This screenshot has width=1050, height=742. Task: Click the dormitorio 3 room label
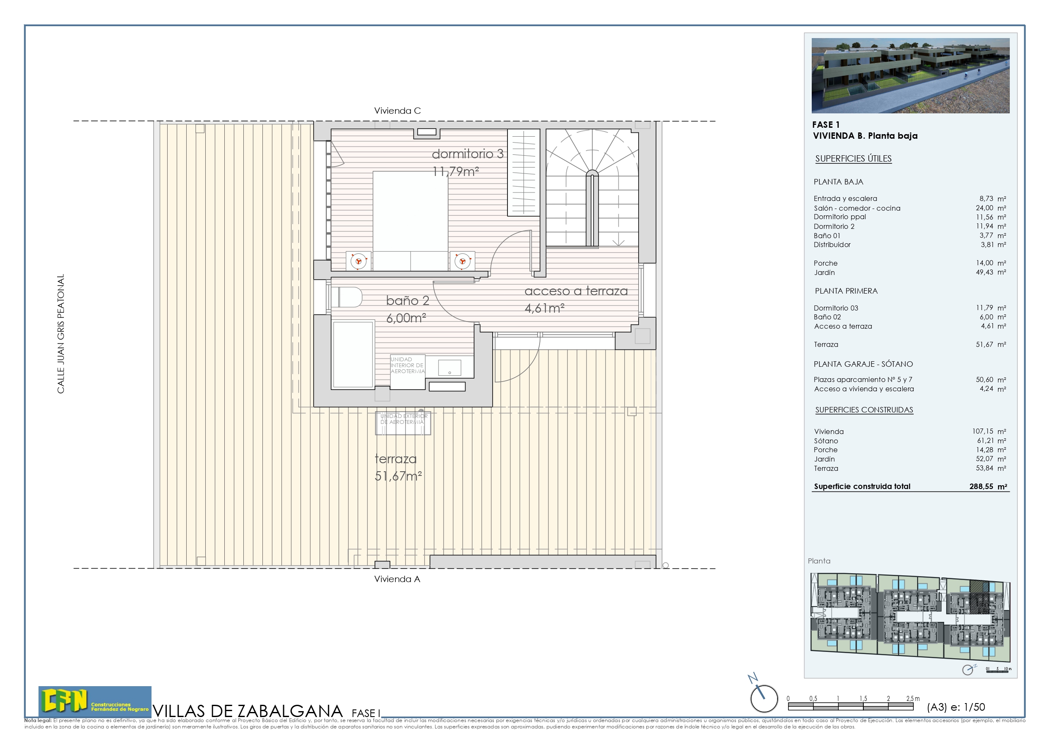pyautogui.click(x=467, y=154)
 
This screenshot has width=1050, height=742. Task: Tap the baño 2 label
pyautogui.click(x=408, y=301)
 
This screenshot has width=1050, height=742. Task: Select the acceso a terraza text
pyautogui.click(x=576, y=291)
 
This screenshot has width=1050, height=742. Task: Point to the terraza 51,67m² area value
pyautogui.click(x=398, y=476)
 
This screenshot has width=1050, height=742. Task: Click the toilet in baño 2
pyautogui.click(x=347, y=297)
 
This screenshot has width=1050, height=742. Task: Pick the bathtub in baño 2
pyautogui.click(x=353, y=355)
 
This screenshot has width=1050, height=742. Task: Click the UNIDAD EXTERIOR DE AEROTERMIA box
pyautogui.click(x=403, y=423)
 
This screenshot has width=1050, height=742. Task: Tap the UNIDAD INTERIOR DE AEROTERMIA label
pyautogui.click(x=407, y=365)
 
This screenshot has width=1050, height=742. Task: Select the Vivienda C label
pyautogui.click(x=397, y=111)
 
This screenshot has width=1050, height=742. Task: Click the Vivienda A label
pyautogui.click(x=397, y=579)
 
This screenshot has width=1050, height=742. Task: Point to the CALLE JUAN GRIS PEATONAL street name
pyautogui.click(x=61, y=334)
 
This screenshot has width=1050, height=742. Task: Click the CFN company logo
pyautogui.click(x=95, y=701)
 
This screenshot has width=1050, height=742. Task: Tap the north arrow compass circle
pyautogui.click(x=764, y=698)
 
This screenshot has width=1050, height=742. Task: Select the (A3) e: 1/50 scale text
pyautogui.click(x=956, y=707)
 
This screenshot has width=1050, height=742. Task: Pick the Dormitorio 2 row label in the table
pyautogui.click(x=834, y=227)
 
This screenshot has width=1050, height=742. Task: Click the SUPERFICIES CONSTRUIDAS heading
pyautogui.click(x=864, y=410)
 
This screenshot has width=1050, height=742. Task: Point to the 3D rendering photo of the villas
pyautogui.click(x=910, y=75)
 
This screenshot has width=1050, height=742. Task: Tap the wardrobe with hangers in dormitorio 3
pyautogui.click(x=523, y=172)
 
